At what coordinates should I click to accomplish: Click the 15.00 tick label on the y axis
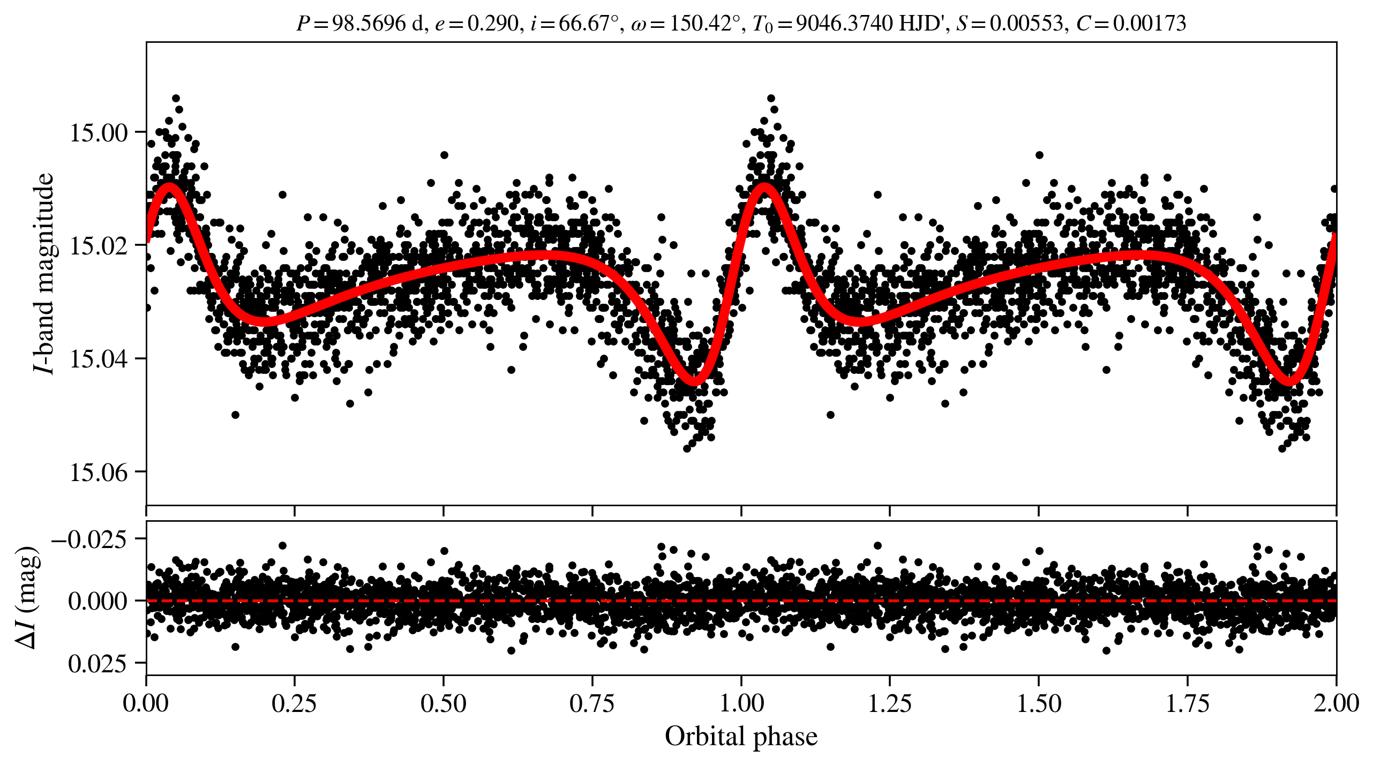pyautogui.click(x=99, y=132)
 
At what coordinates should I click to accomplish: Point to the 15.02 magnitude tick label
pyautogui.click(x=99, y=245)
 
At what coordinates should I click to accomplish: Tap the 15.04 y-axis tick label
pyautogui.click(x=99, y=358)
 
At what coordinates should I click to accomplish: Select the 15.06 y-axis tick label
pyautogui.click(x=99, y=472)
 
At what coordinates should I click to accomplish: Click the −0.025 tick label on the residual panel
pyautogui.click(x=89, y=538)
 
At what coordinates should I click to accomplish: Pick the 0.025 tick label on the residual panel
pyautogui.click(x=98, y=664)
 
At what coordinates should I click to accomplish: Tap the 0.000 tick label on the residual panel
pyautogui.click(x=98, y=601)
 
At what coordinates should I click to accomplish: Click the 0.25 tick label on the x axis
pyautogui.click(x=294, y=703)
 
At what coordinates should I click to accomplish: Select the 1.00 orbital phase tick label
pyautogui.click(x=741, y=703)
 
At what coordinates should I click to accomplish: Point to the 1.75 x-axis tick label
pyautogui.click(x=1187, y=703)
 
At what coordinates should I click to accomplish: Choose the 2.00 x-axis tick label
pyautogui.click(x=1336, y=703)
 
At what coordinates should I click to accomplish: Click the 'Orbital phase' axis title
pyautogui.click(x=741, y=737)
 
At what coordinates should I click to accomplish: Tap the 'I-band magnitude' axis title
pyautogui.click(x=44, y=273)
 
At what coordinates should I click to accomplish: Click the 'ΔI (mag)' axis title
pyautogui.click(x=27, y=598)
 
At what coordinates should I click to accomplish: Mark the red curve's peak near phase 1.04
pyautogui.click(x=764, y=187)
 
